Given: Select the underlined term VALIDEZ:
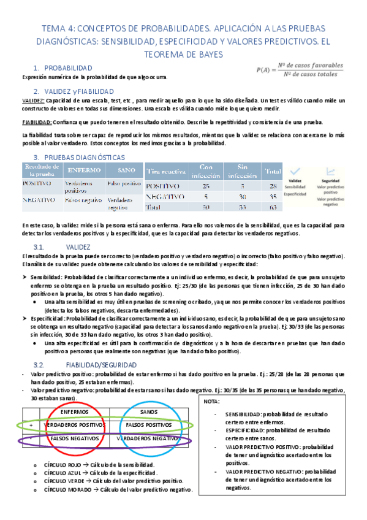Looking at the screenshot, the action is click(x=32, y=100).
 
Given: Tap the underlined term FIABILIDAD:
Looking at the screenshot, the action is click(x=36, y=123).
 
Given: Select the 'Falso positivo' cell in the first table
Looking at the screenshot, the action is click(x=124, y=183).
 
